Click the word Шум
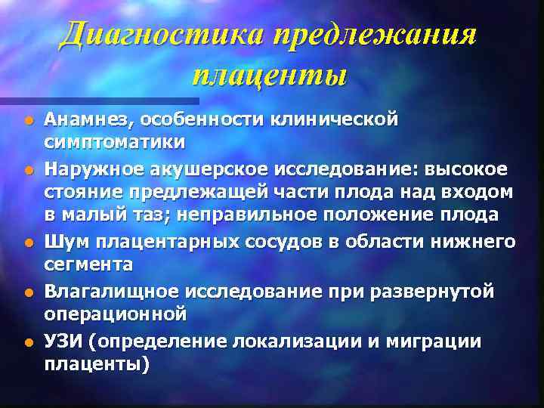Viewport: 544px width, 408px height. point(62,241)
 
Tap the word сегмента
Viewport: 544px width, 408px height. point(88,264)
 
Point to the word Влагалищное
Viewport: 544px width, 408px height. point(102,290)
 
